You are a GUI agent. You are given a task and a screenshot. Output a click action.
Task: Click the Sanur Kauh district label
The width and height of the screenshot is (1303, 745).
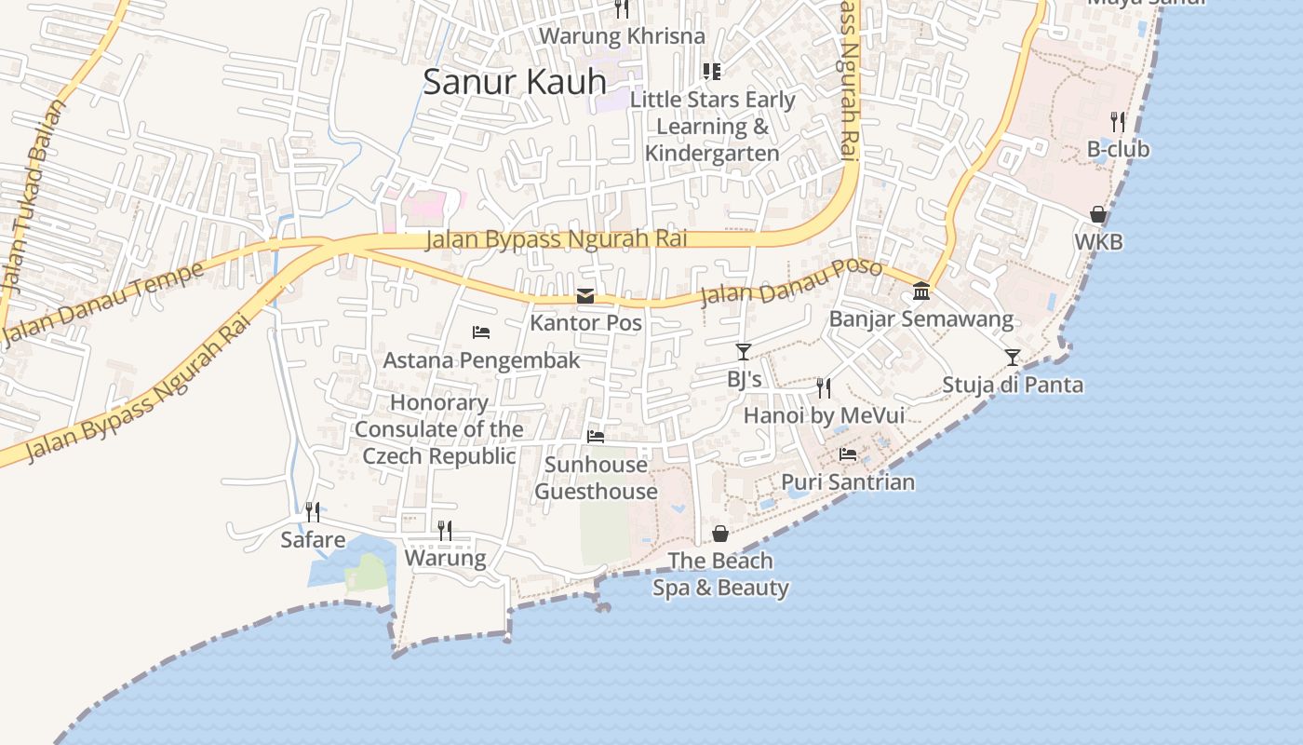[x=515, y=82]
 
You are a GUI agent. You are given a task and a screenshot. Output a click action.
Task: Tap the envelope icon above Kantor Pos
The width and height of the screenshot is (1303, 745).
[x=585, y=296]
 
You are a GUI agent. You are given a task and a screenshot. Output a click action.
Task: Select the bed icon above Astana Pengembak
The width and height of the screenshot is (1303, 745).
[x=481, y=332]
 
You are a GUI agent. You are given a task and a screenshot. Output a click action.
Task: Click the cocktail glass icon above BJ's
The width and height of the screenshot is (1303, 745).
[x=743, y=351]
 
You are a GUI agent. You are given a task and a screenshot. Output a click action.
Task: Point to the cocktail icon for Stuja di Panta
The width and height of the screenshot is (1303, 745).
[x=1012, y=357]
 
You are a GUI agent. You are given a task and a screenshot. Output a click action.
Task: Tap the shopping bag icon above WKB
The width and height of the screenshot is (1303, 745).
[x=1098, y=214]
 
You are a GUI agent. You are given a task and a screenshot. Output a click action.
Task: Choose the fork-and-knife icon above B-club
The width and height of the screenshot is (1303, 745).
[x=1118, y=121]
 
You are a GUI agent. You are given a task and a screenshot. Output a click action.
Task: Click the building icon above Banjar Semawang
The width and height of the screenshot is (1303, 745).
[x=921, y=291]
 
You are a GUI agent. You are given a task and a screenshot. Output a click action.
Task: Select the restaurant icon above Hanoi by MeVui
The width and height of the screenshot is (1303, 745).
[x=824, y=387]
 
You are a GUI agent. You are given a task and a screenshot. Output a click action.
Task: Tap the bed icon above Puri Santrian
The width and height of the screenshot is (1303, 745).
[x=848, y=454]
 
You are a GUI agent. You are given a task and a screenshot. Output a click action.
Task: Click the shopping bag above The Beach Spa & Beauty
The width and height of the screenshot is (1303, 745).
[x=720, y=534]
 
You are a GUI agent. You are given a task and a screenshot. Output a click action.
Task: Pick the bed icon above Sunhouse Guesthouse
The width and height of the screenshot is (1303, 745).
[x=596, y=436]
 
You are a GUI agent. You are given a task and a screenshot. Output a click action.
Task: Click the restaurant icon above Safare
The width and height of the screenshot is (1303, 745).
[x=313, y=512]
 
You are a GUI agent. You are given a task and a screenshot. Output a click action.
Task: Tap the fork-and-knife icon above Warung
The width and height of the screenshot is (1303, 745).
[x=445, y=531]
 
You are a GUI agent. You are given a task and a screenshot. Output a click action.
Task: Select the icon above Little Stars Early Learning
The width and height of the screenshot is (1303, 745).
[x=712, y=72]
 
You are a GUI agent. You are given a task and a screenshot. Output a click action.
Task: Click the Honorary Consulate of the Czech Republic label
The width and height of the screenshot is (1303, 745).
[x=438, y=429]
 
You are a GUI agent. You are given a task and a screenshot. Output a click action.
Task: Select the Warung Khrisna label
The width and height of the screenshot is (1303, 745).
[x=623, y=36]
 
